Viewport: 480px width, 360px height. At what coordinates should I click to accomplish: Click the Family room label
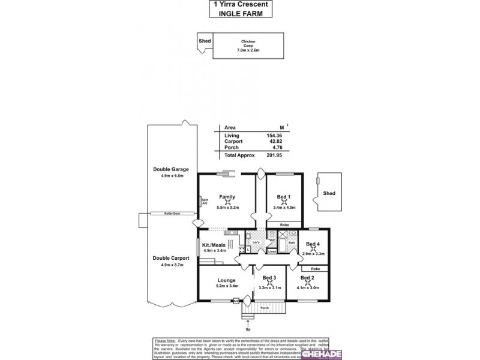click(x=226, y=197)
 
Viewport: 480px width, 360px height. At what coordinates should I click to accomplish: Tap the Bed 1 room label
click(x=284, y=197)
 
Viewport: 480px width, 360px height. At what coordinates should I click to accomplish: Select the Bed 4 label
click(x=313, y=244)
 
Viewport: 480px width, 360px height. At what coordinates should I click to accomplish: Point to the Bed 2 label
click(x=307, y=278)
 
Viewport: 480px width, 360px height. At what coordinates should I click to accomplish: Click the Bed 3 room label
click(x=269, y=278)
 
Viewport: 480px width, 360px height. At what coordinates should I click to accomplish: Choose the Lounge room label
click(x=226, y=280)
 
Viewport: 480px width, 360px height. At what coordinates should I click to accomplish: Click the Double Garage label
click(x=167, y=169)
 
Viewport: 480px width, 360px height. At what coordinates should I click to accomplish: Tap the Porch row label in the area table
click(x=231, y=147)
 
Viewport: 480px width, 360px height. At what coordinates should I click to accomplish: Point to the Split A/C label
click(x=204, y=202)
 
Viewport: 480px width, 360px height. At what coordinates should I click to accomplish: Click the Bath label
click(x=291, y=242)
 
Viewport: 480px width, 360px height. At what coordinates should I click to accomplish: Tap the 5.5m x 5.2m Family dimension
click(x=226, y=208)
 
